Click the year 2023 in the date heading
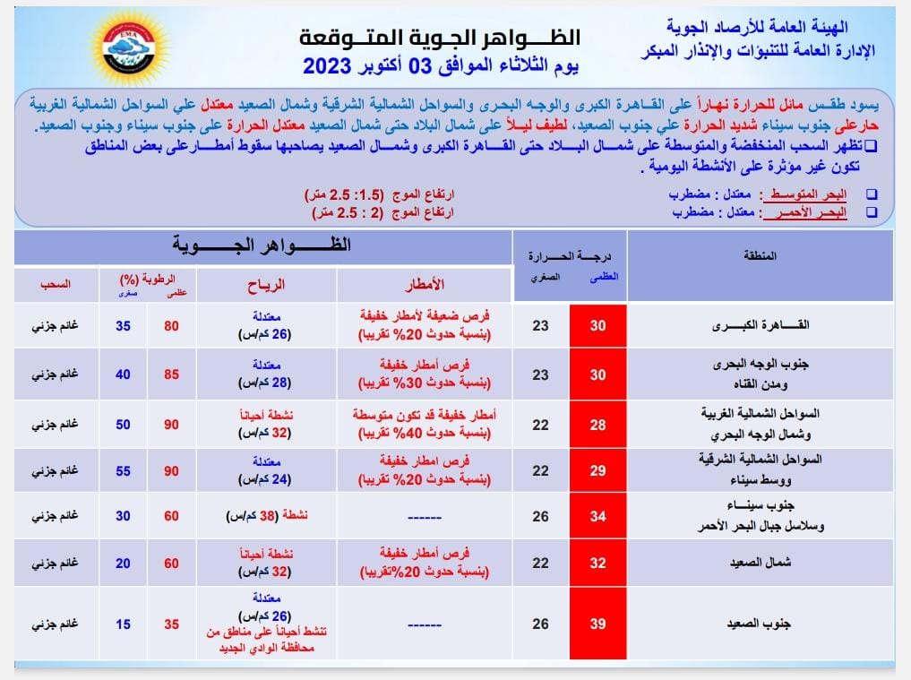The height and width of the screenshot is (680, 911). click(x=332, y=66)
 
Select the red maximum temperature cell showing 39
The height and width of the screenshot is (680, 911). click(x=597, y=623)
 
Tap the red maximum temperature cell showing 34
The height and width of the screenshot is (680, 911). click(x=597, y=516)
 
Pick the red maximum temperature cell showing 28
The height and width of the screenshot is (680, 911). click(x=597, y=424)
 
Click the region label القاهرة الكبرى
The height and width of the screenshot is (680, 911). click(x=771, y=326)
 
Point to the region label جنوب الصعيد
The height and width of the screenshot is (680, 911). click(x=772, y=623)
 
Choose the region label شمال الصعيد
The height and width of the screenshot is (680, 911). click(x=772, y=564)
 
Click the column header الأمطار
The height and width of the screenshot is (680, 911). click(x=425, y=285)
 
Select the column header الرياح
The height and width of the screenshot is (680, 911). click(x=266, y=285)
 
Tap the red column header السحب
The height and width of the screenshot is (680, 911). click(x=55, y=285)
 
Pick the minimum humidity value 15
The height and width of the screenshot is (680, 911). click(x=123, y=623)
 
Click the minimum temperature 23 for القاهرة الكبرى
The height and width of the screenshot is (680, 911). click(x=540, y=326)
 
